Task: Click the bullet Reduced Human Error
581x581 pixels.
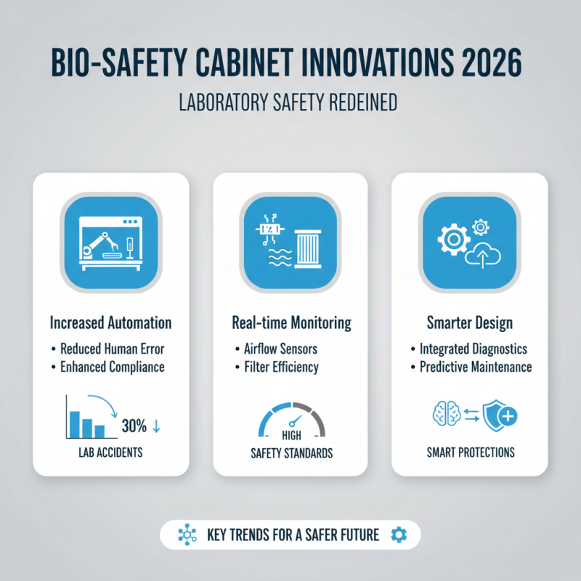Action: (115, 348)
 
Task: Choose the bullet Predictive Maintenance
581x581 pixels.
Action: (475, 367)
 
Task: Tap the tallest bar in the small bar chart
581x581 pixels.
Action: (73, 424)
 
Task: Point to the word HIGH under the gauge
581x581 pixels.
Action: (290, 436)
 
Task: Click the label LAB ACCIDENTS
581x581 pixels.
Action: (111, 452)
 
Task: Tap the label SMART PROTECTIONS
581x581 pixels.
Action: (469, 452)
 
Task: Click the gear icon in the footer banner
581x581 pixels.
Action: (398, 535)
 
